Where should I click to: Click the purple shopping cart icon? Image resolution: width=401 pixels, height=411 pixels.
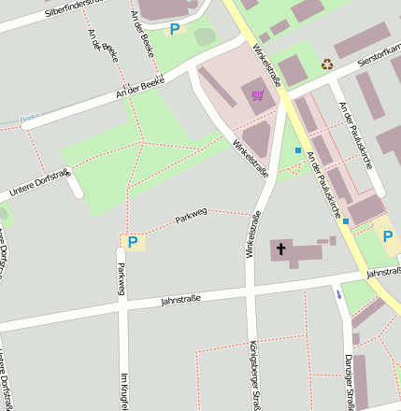pyautogui.click(x=258, y=94)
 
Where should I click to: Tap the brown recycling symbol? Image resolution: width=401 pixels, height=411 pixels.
pyautogui.click(x=327, y=64)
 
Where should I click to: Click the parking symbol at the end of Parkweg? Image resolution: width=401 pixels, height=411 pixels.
pyautogui.click(x=132, y=243)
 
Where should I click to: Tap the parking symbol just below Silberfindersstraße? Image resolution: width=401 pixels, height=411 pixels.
pyautogui.click(x=174, y=30)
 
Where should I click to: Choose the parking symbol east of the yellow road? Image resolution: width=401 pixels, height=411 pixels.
pyautogui.click(x=388, y=236)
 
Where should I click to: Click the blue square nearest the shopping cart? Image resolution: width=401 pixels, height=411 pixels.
pyautogui.click(x=298, y=150)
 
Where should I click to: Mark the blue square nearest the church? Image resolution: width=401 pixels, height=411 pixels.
pyautogui.click(x=346, y=221)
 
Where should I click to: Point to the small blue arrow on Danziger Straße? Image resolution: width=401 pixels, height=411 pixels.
pyautogui.click(x=338, y=293)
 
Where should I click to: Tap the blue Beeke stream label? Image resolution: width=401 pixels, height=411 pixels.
pyautogui.click(x=30, y=119)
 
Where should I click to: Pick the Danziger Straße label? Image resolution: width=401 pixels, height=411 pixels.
pyautogui.click(x=348, y=388)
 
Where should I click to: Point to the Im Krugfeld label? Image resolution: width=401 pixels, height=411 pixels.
pyautogui.click(x=122, y=390)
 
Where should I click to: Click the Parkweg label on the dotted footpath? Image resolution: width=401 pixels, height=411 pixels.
pyautogui.click(x=190, y=220)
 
